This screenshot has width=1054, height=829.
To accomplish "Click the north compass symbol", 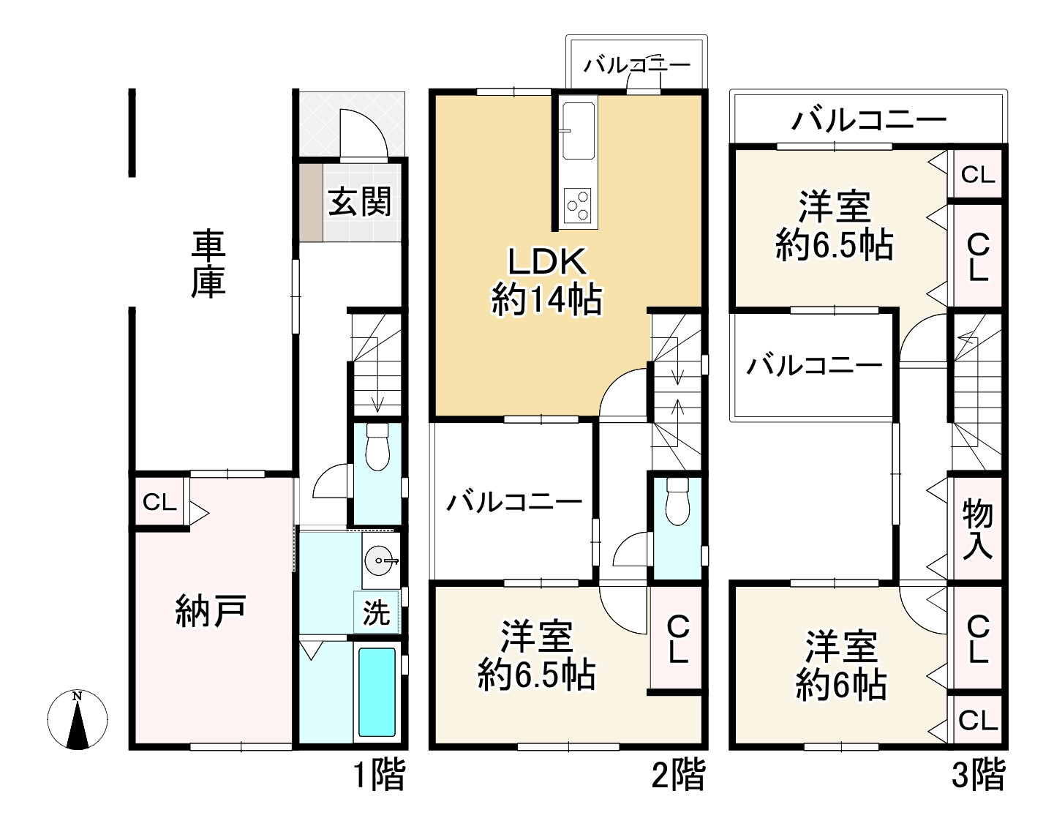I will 78,720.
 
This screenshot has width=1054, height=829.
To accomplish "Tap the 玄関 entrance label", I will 359,202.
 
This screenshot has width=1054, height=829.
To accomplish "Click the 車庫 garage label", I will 208,265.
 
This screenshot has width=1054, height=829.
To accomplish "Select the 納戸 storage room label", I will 210,610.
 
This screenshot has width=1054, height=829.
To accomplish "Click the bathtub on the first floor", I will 377,691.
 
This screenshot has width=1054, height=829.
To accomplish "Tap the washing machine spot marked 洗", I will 377,612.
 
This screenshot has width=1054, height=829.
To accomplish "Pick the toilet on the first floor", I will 377,448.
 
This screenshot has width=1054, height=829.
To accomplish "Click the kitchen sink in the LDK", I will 579,131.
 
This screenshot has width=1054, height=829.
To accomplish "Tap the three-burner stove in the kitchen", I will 579,203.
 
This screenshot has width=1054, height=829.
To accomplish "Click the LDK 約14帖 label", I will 546,282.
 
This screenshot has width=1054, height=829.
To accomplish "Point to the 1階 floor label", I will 380,775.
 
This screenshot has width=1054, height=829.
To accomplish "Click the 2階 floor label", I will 678,775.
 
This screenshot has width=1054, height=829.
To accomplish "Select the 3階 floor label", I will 978,775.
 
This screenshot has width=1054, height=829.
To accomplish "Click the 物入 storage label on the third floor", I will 977,528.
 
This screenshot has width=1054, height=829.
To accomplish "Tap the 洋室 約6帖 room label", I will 841,664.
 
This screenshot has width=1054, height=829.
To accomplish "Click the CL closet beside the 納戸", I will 159,503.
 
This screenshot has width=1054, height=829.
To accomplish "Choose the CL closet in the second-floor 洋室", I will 677,638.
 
